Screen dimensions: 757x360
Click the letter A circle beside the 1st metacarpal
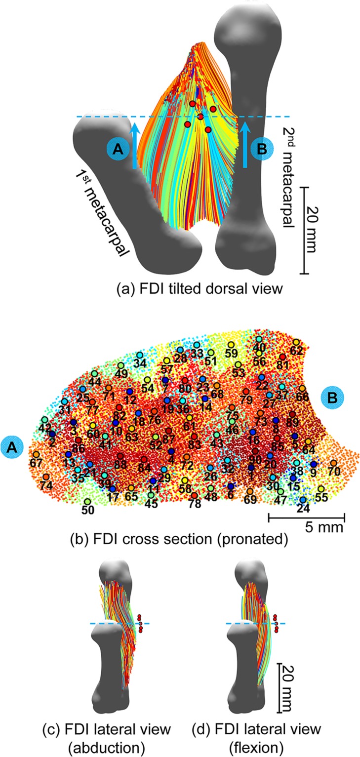(x=118, y=149)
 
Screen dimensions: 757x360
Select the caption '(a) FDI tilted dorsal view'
(x=186, y=289)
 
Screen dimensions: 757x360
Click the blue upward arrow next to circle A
(x=134, y=148)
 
